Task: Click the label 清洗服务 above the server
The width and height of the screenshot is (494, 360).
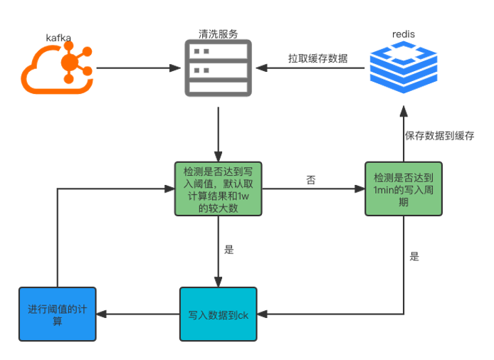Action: tap(218, 33)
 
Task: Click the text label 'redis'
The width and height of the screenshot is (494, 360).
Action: tap(404, 34)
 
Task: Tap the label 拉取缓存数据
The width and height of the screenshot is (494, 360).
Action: tap(317, 58)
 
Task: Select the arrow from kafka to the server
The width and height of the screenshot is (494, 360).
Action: tap(139, 69)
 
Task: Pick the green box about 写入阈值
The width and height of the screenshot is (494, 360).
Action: tap(217, 189)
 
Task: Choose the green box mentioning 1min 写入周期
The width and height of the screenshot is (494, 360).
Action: tap(403, 189)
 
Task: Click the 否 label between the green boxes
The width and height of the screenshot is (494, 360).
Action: tap(311, 181)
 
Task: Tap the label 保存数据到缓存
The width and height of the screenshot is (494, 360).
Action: tap(439, 135)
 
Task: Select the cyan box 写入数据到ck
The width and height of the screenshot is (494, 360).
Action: tap(218, 314)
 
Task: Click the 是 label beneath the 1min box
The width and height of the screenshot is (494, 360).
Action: tap(414, 256)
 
